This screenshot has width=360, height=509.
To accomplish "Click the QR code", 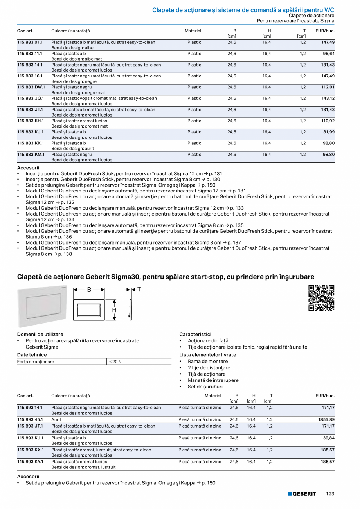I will click(x=321, y=298).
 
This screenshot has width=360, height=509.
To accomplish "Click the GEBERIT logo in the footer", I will click(x=302, y=494).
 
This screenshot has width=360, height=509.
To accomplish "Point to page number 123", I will click(x=330, y=494).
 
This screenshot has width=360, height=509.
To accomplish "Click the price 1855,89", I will click(x=326, y=419).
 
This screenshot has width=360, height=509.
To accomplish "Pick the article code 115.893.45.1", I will click(x=30, y=419).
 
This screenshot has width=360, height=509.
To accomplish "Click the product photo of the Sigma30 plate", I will click(x=42, y=307).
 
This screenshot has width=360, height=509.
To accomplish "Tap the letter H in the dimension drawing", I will click(x=114, y=310).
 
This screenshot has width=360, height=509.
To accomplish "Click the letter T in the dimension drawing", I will click(x=139, y=290).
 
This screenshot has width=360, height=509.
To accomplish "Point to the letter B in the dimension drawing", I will click(x=89, y=290).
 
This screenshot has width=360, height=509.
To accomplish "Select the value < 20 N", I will click(x=115, y=362).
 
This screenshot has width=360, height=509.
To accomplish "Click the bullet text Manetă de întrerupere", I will click(x=213, y=380).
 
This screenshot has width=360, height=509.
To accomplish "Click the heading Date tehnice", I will click(x=32, y=355).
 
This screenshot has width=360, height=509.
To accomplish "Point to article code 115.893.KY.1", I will click(x=31, y=462).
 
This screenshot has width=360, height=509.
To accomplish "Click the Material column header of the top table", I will click(x=193, y=31).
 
